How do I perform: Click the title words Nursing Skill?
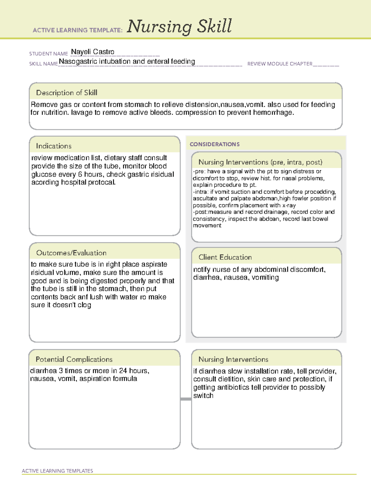click(179, 27)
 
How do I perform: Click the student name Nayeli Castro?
click(92, 52)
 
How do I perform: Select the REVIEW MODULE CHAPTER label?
click(280, 64)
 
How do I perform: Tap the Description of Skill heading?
click(66, 93)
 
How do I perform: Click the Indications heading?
click(53, 146)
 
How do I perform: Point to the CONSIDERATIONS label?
click(215, 144)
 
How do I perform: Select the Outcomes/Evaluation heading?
click(71, 253)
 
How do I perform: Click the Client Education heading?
click(225, 257)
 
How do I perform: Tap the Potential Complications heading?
click(74, 359)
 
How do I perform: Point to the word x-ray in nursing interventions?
click(289, 205)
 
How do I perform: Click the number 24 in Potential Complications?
click(123, 371)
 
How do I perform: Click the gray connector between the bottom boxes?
click(185, 399)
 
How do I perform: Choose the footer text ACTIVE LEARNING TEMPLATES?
click(57, 471)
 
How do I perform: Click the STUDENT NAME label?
click(49, 54)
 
